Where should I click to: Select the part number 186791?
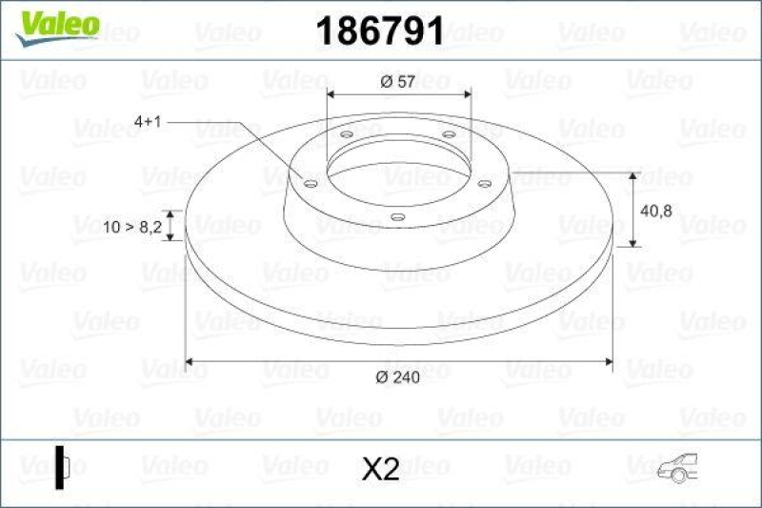tap(379, 32)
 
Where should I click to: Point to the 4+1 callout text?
tap(151, 122)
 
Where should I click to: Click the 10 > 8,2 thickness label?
tap(131, 227)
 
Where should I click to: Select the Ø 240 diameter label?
tap(397, 377)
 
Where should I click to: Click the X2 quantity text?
tap(381, 469)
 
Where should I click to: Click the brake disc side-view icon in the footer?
tap(64, 467)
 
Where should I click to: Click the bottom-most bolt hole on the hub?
tap(398, 217)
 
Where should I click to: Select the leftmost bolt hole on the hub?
tap(311, 182)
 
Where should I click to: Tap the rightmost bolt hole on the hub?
tap(485, 182)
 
